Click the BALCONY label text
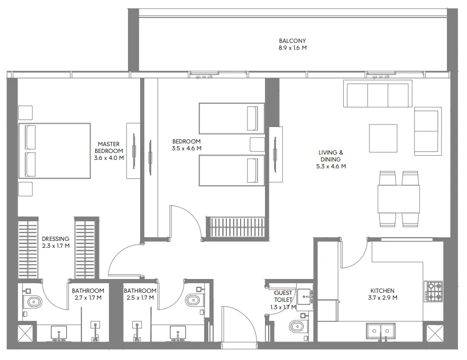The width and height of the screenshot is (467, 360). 292,41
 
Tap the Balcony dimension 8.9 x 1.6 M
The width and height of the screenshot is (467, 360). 292,48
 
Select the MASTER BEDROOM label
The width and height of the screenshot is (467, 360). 109,148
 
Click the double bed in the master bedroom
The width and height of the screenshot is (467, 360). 55,151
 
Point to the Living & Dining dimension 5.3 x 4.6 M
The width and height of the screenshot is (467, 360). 331,166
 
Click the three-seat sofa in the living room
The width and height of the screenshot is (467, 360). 378,93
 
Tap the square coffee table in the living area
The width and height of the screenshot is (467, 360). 383,138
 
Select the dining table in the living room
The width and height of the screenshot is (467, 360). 399,199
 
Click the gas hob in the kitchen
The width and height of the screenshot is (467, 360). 435,291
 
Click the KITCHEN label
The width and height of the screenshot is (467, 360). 382,291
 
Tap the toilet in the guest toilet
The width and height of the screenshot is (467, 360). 297,326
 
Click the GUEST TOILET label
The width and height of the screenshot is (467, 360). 283,296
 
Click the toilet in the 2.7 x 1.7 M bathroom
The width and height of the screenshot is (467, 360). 34,302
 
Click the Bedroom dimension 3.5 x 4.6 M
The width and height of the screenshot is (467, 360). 187,148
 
